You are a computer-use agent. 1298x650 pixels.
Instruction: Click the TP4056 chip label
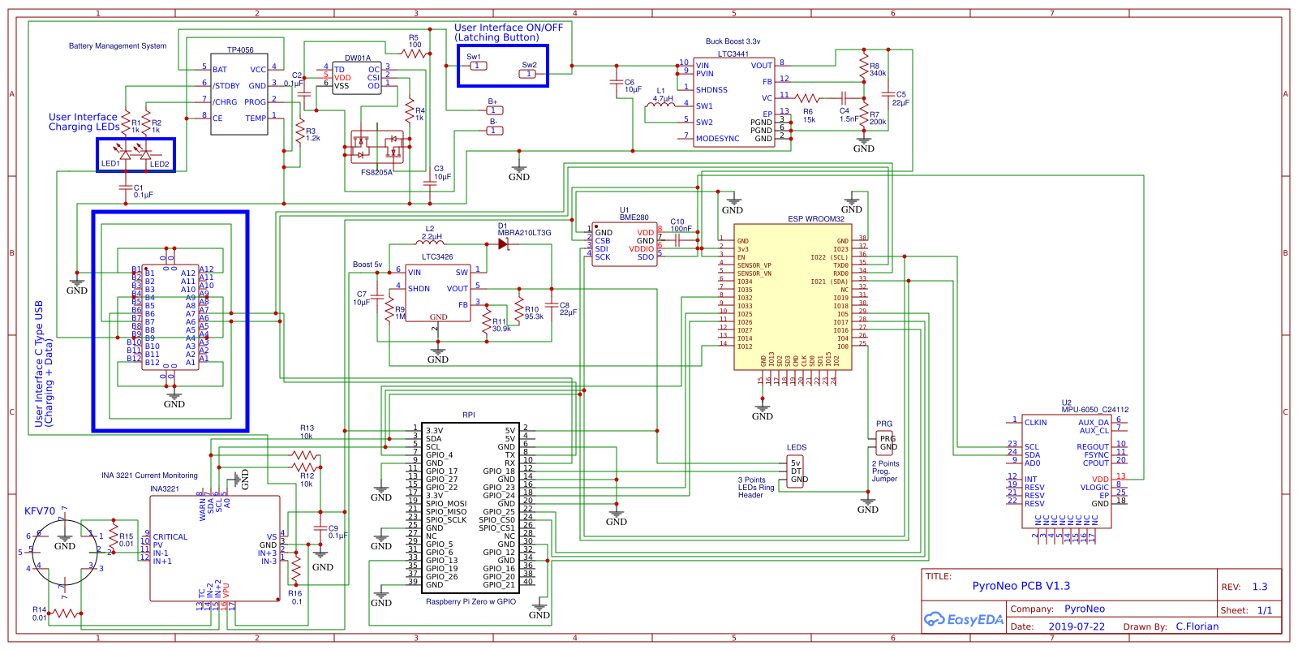tap(240, 50)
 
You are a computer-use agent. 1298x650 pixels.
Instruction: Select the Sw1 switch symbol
tap(478, 66)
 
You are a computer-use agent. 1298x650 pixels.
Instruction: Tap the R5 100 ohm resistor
tap(415, 54)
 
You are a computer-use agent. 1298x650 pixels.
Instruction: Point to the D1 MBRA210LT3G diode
tap(504, 243)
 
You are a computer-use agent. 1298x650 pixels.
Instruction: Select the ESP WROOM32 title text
tap(815, 219)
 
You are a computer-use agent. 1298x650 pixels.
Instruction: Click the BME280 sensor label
tap(634, 217)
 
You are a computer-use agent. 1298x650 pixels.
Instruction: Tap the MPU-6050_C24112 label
tap(1094, 410)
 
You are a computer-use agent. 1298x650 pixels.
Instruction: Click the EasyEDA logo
tap(964, 620)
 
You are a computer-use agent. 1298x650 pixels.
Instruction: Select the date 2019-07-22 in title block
tap(1076, 626)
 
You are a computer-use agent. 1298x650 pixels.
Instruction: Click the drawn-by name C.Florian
tap(1197, 626)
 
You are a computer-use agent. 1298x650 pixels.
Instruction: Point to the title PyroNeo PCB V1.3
tap(1021, 586)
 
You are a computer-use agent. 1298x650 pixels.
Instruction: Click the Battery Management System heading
tap(118, 46)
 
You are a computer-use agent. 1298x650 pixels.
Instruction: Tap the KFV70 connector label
tap(40, 511)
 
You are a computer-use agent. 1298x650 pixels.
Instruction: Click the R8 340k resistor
tap(863, 65)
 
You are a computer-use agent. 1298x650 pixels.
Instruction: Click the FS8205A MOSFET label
tap(376, 172)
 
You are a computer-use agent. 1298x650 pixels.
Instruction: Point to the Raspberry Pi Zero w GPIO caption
tap(471, 601)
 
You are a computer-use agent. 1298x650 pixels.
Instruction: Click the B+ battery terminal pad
tap(494, 110)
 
